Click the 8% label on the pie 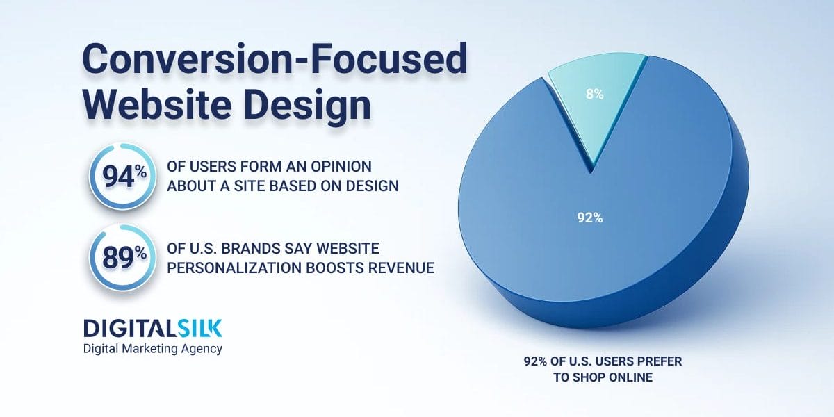point(594,93)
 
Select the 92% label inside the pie point(589,218)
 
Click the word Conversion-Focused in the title point(275,61)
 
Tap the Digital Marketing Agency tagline point(152,348)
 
